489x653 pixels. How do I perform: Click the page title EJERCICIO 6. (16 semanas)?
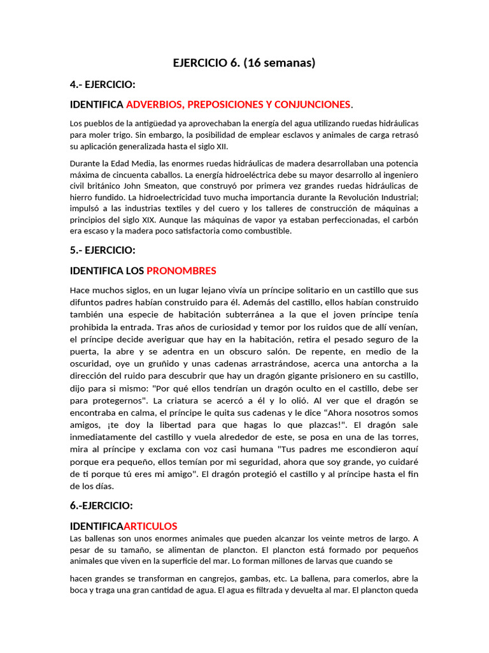(x=244, y=62)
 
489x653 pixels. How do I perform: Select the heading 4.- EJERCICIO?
(x=102, y=84)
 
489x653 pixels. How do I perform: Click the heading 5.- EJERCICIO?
(x=102, y=250)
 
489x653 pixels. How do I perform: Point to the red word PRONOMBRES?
(x=181, y=270)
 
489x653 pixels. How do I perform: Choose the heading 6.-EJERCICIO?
(x=101, y=505)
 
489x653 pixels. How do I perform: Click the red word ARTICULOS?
(x=150, y=526)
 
